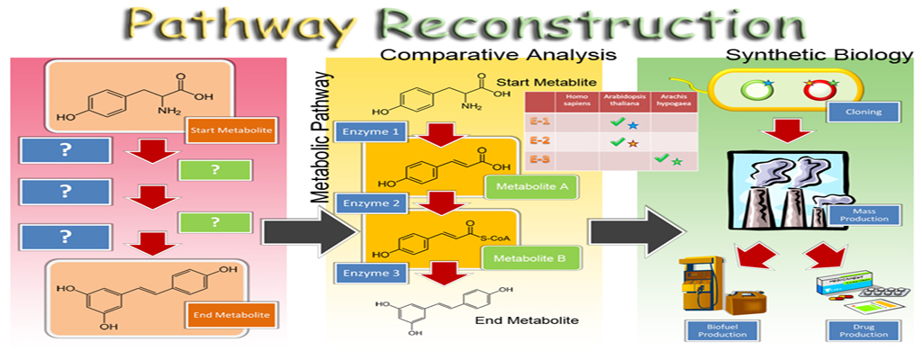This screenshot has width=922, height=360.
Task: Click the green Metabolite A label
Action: tap(530, 187)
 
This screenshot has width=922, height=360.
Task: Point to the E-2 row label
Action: tap(538, 141)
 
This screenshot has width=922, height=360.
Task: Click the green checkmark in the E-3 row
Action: tap(661, 158)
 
